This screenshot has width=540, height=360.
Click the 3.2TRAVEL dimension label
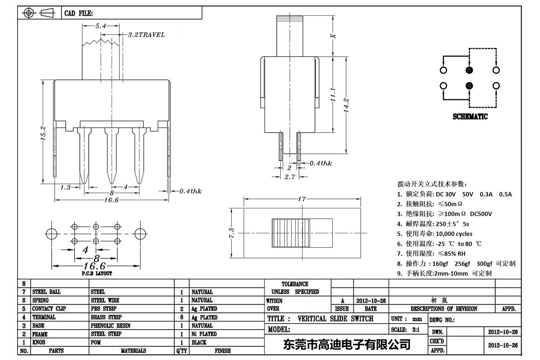tap(146, 35)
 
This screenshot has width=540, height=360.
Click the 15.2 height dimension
tap(43, 133)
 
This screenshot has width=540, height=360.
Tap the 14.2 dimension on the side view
tap(347, 105)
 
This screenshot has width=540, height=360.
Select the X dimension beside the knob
tap(334, 36)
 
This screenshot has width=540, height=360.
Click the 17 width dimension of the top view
tap(301, 199)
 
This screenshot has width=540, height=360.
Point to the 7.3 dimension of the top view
tap(232, 233)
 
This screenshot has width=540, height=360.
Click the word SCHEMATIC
tap(470, 117)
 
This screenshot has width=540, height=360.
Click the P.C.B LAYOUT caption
tap(97, 274)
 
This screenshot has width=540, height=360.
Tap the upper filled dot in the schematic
tap(469, 70)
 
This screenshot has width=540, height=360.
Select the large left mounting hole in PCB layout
tap(51, 234)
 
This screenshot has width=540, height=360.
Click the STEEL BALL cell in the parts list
tap(46, 292)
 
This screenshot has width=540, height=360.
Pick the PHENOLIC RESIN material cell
tap(110, 326)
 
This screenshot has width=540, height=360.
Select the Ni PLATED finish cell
tap(204, 334)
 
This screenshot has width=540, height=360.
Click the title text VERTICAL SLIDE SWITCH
tap(335, 319)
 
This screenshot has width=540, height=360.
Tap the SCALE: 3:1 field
tap(405, 330)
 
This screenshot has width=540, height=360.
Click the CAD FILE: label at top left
tap(79, 13)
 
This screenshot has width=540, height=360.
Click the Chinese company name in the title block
tap(347, 345)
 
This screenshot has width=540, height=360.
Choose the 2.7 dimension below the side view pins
tap(290, 177)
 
